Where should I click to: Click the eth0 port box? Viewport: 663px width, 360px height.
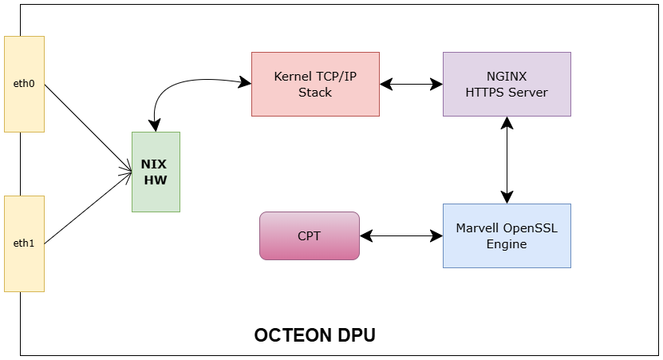[x=24, y=83]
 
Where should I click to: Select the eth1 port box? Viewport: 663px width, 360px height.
[x=24, y=243]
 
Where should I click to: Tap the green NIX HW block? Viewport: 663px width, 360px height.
[x=156, y=172]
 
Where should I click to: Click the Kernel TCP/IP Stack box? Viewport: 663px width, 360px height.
[x=315, y=84]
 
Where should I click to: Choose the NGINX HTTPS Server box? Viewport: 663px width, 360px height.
[x=507, y=84]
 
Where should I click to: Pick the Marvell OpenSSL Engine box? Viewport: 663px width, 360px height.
[x=507, y=235]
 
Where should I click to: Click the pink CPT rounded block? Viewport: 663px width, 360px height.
[x=310, y=235]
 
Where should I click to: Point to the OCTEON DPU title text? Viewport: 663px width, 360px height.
[x=314, y=335]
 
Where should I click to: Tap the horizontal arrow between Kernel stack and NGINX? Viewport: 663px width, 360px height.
[x=411, y=83]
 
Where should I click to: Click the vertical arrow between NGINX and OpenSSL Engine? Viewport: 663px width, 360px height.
[x=507, y=160]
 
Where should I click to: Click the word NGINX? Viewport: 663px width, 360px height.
[x=507, y=77]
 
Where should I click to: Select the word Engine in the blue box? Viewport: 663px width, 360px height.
[x=507, y=243]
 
